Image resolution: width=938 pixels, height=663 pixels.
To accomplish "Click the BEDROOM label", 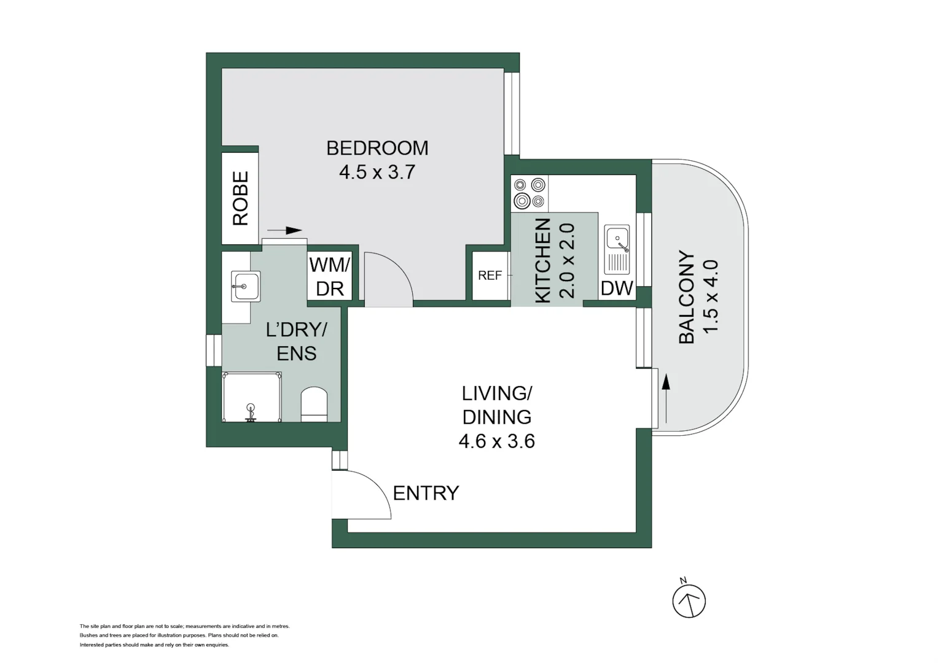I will pos(377,148).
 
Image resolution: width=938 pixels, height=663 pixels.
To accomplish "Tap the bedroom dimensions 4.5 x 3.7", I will pos(377,172).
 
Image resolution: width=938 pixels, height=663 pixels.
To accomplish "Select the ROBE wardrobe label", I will pos(240,198).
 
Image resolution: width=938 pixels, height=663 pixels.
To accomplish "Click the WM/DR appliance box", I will pos(330,276).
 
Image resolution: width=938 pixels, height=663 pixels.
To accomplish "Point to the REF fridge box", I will pos(490,276).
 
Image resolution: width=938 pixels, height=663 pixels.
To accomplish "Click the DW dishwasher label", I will pos(616,288).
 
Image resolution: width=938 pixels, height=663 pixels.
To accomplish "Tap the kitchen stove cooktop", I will pos(530,193).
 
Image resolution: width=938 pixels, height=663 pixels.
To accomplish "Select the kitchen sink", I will pos(617,249).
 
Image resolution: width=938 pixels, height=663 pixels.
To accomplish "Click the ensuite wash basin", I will pos(245,287).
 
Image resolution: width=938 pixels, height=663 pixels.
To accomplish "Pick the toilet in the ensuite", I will pos(314,404).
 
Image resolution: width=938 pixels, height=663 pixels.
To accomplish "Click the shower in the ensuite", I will pos(251,397).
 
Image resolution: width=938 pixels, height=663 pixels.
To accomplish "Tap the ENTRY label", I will pos(426,493).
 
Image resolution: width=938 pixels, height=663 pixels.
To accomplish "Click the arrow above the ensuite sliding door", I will pos(286,231).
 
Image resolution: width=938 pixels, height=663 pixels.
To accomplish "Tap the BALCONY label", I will pos(686,297).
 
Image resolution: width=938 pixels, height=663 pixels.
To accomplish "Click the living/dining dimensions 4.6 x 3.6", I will pos(496,441).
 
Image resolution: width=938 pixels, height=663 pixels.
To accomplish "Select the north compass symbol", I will pos(689,600).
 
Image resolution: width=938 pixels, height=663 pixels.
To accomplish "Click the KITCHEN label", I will pos(542,261).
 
